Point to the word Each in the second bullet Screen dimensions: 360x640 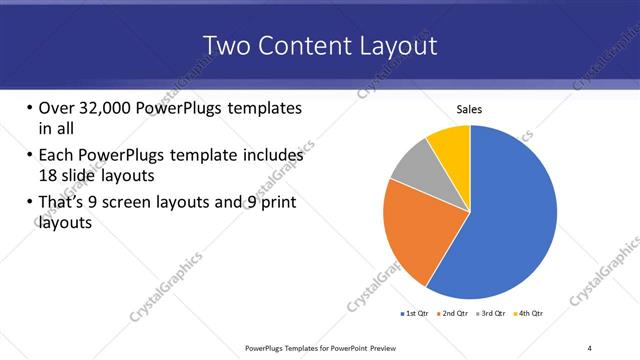click(x=57, y=156)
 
